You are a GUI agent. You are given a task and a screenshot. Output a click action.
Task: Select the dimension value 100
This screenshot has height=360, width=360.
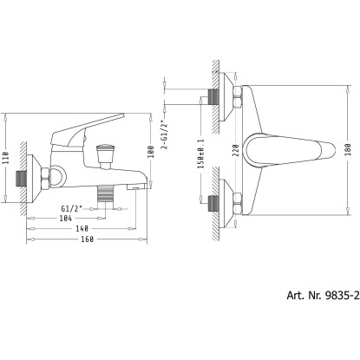(151, 151)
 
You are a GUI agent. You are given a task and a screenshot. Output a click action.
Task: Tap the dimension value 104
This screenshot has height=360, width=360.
(66, 218)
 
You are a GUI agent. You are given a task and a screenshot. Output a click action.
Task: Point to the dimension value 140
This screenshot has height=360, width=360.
(82, 229)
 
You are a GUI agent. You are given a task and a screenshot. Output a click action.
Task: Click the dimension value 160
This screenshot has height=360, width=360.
(87, 239)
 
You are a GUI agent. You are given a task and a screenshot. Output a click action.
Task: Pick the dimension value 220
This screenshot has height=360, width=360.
(235, 150)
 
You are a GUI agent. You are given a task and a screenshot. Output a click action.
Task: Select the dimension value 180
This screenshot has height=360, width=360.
(348, 150)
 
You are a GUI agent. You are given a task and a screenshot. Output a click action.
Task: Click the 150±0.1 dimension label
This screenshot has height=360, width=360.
(201, 154)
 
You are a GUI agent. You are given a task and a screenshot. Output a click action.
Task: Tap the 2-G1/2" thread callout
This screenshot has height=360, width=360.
(165, 134)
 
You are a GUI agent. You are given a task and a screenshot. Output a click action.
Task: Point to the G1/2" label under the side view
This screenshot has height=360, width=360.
(72, 208)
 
